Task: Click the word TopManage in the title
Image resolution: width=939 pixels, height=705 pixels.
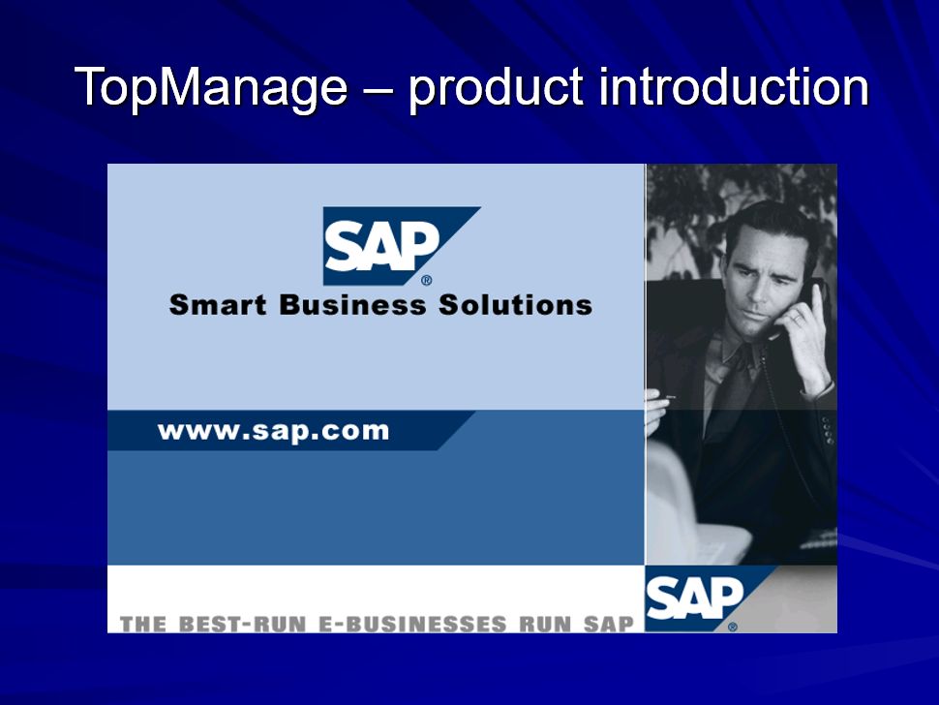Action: [211, 88]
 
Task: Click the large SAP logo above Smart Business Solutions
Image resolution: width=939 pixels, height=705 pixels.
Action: [402, 246]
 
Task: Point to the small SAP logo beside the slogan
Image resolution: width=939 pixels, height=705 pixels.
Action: [707, 598]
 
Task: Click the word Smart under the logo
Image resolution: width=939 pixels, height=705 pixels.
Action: [218, 304]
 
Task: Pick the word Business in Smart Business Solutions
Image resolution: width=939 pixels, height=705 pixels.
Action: [352, 304]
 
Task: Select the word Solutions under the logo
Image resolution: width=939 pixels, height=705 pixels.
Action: [516, 304]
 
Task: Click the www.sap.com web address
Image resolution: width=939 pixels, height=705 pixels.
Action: [273, 431]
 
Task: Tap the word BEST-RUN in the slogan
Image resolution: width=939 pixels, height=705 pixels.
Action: [243, 624]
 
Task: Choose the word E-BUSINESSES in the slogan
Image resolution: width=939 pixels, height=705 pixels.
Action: [412, 624]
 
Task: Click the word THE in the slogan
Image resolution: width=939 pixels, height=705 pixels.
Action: [143, 624]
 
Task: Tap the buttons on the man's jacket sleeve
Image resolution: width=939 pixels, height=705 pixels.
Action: [827, 429]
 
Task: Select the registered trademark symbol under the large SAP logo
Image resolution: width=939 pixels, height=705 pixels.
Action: [426, 280]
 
